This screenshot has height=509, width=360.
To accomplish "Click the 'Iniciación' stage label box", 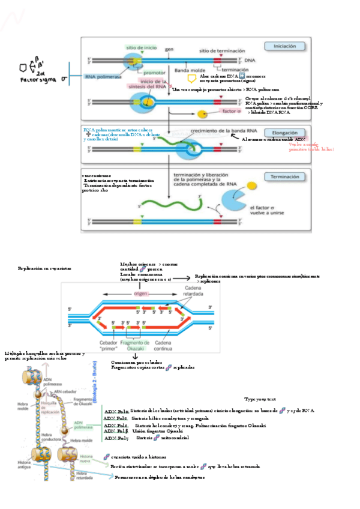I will (x=284, y=46).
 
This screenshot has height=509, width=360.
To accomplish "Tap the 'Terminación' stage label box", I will (x=284, y=177).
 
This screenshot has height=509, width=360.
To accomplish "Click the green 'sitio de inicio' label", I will (x=141, y=47).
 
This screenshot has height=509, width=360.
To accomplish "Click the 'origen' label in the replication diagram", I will (x=140, y=294).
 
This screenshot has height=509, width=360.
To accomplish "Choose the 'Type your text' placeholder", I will (x=259, y=399).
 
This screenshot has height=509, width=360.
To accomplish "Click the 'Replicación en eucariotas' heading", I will (x=44, y=268).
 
